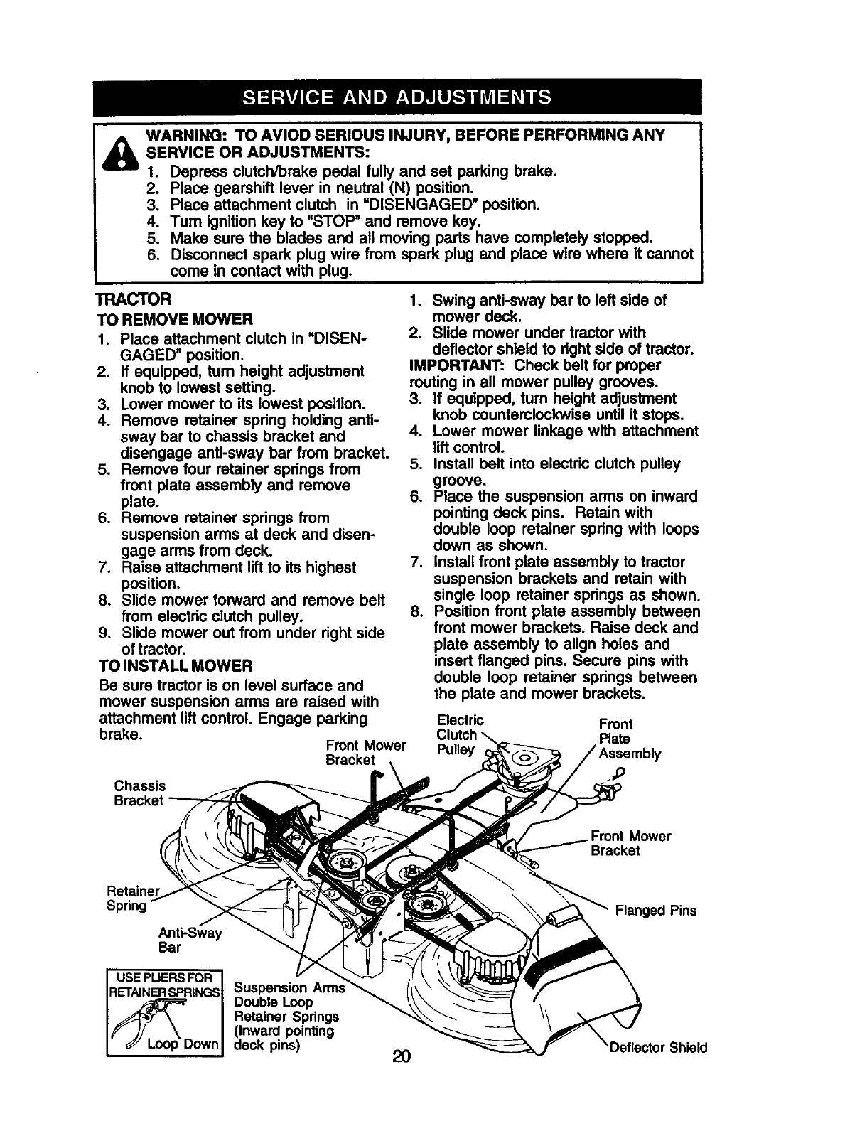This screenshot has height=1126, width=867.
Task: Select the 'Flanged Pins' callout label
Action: tap(655, 911)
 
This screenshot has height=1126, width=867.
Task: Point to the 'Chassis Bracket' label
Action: tap(139, 793)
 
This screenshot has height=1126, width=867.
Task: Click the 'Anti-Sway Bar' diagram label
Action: tap(190, 940)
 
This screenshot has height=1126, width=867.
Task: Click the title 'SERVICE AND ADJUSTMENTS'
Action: tap(397, 97)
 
